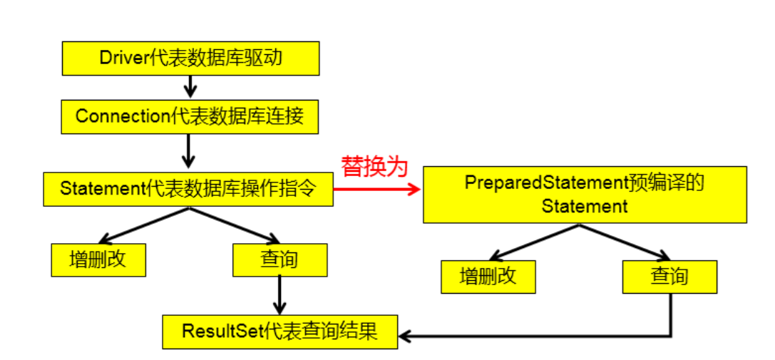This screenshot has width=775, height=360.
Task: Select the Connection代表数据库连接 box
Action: coord(189,116)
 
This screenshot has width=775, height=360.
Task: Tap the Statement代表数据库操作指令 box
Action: coord(188,189)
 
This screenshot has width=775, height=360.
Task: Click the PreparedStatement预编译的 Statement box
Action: coord(585,195)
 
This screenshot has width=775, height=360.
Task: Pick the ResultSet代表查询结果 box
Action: coord(279,331)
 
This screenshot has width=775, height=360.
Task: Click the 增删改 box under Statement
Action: coord(98,259)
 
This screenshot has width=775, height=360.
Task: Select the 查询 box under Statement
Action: coord(279,259)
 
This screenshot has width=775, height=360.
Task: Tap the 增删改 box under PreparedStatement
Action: coord(488,277)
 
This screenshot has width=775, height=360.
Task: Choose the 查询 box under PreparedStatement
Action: coord(669,277)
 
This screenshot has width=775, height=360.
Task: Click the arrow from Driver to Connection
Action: coord(189,86)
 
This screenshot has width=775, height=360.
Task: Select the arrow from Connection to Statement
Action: coord(189,151)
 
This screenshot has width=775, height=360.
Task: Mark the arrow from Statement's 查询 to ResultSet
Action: coord(279,294)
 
